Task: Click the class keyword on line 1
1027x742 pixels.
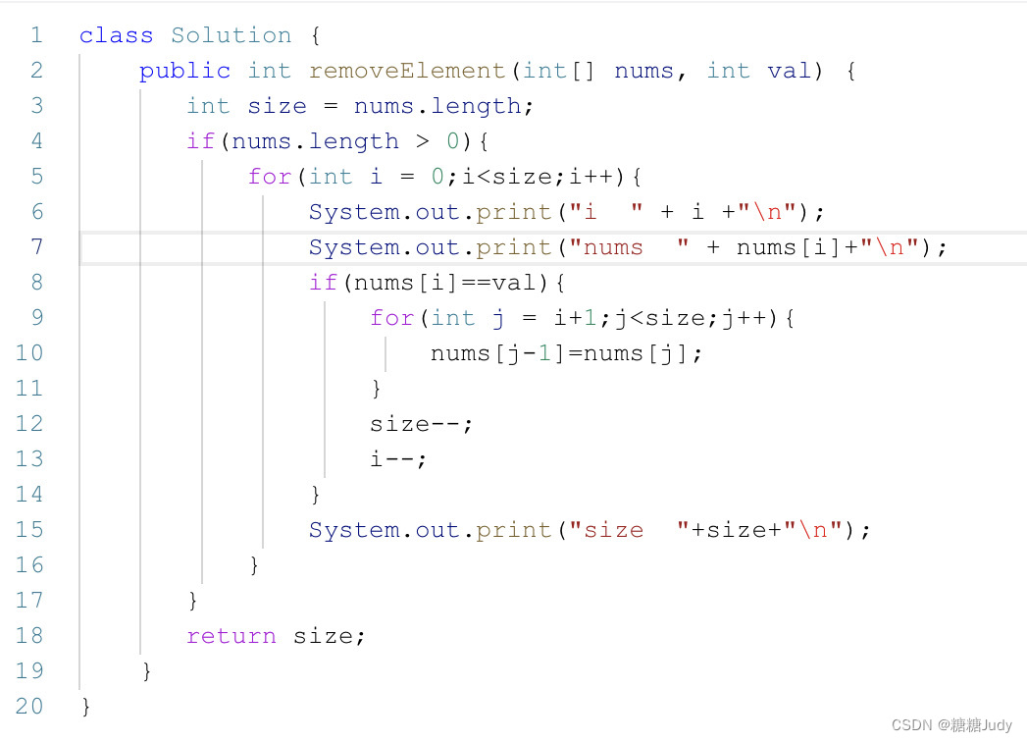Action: pyautogui.click(x=116, y=35)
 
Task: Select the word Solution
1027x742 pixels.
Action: pyautogui.click(x=231, y=35)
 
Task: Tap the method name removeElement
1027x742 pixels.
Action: pyautogui.click(x=406, y=71)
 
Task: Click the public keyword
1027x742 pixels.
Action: pyautogui.click(x=184, y=71)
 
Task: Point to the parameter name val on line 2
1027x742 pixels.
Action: pyautogui.click(x=789, y=71)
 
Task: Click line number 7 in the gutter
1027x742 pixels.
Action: pyautogui.click(x=36, y=247)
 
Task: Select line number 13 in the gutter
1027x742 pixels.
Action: pyautogui.click(x=29, y=459)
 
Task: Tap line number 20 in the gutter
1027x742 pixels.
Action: pyautogui.click(x=29, y=707)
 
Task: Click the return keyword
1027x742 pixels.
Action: pyautogui.click(x=231, y=636)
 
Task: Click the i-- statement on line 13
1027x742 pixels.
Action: pyautogui.click(x=398, y=459)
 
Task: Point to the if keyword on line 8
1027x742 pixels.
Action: pyautogui.click(x=323, y=283)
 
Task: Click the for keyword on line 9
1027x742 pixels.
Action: pyautogui.click(x=391, y=318)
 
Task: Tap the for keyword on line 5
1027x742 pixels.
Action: pyautogui.click(x=270, y=177)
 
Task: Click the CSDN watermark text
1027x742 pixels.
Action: pyautogui.click(x=951, y=724)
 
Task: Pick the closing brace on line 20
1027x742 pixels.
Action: pyautogui.click(x=86, y=707)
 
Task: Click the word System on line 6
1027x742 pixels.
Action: pyautogui.click(x=353, y=212)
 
